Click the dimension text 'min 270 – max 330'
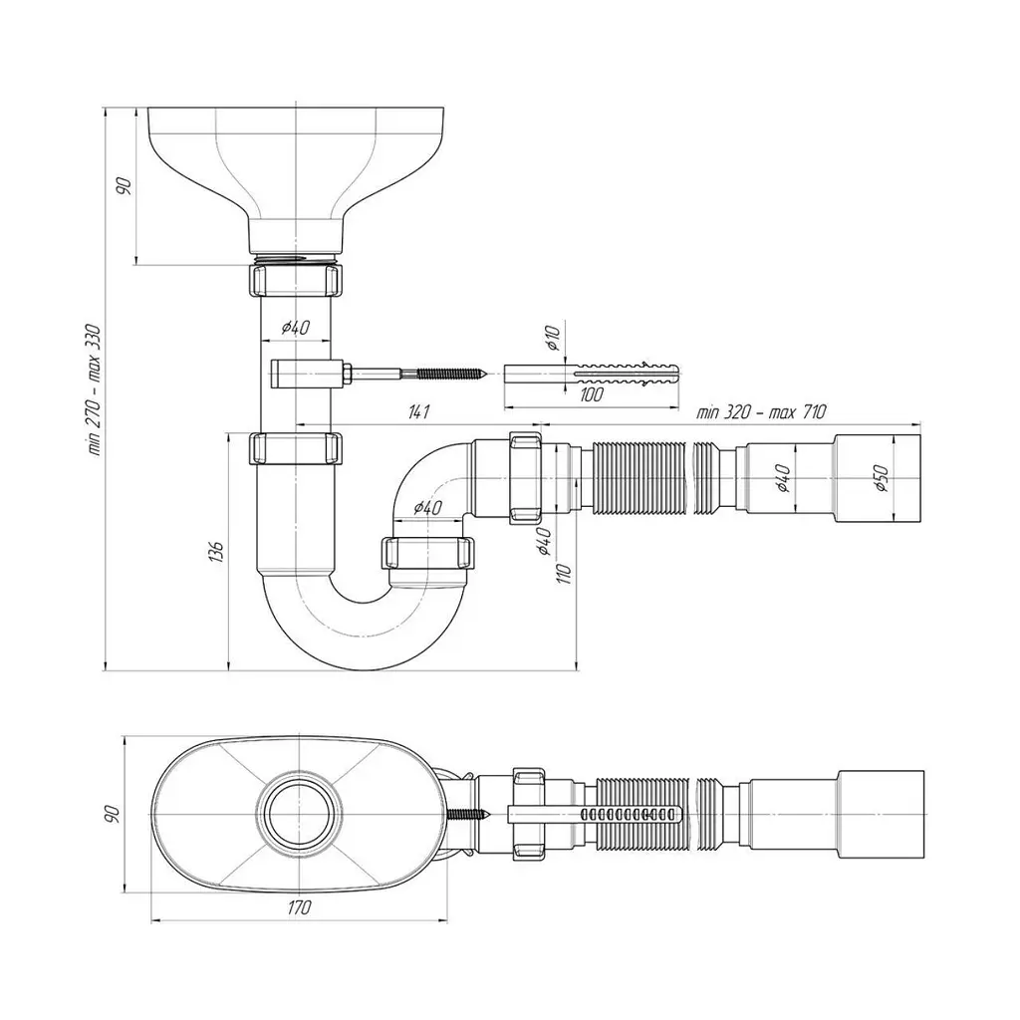pos(95,389)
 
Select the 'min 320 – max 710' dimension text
pos(761,411)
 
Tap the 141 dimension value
pos(419,411)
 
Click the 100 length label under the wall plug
pos(590,394)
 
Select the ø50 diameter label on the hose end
pos(881,478)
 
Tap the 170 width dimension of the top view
pos(299,907)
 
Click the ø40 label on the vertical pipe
pos(295,327)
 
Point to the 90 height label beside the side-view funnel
pos(124,186)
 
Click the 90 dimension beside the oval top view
pos(112,814)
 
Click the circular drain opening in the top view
pos(299,814)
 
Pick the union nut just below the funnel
pos(295,279)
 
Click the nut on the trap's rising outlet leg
pos(428,553)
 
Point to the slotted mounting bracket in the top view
pos(595,814)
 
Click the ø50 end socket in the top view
pos(881,814)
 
